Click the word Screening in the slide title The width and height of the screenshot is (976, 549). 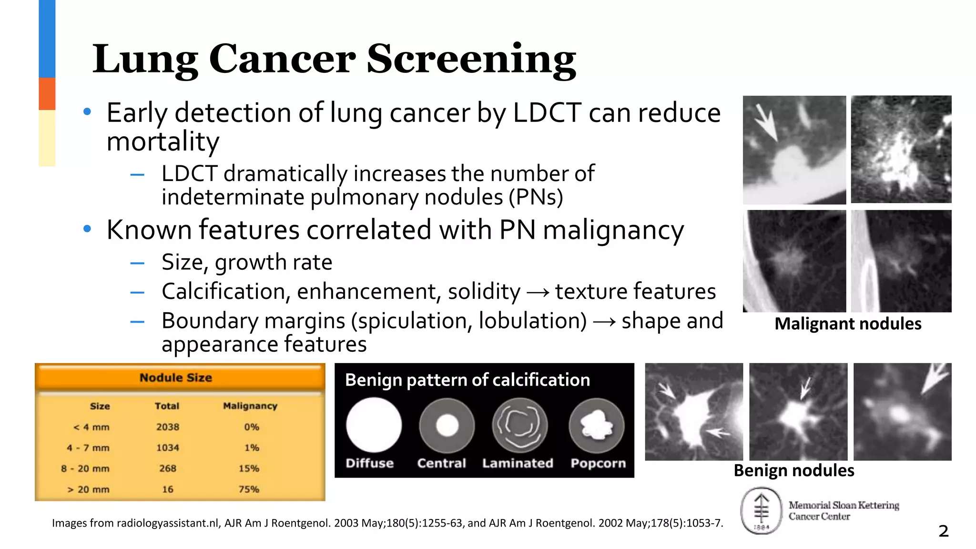(471, 60)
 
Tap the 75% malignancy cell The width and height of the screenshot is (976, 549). (249, 489)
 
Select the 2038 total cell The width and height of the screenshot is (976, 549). (168, 427)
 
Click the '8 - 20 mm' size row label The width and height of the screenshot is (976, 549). (85, 468)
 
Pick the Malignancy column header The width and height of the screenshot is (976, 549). (250, 406)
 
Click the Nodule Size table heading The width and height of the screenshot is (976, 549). (176, 377)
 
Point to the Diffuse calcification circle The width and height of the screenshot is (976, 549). (374, 425)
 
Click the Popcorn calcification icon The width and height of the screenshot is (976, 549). (596, 425)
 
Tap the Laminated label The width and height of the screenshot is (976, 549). (518, 463)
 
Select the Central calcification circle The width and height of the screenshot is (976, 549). (447, 425)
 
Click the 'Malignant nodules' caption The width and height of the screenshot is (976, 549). (848, 324)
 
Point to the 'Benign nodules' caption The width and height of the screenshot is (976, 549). (794, 471)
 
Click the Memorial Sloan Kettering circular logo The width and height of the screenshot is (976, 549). (761, 511)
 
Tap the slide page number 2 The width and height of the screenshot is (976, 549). (943, 531)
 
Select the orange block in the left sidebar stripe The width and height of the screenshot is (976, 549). (47, 94)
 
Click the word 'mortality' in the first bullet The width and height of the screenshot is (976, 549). (163, 142)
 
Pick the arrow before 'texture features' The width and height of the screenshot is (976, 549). (538, 292)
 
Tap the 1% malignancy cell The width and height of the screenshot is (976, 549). (252, 448)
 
